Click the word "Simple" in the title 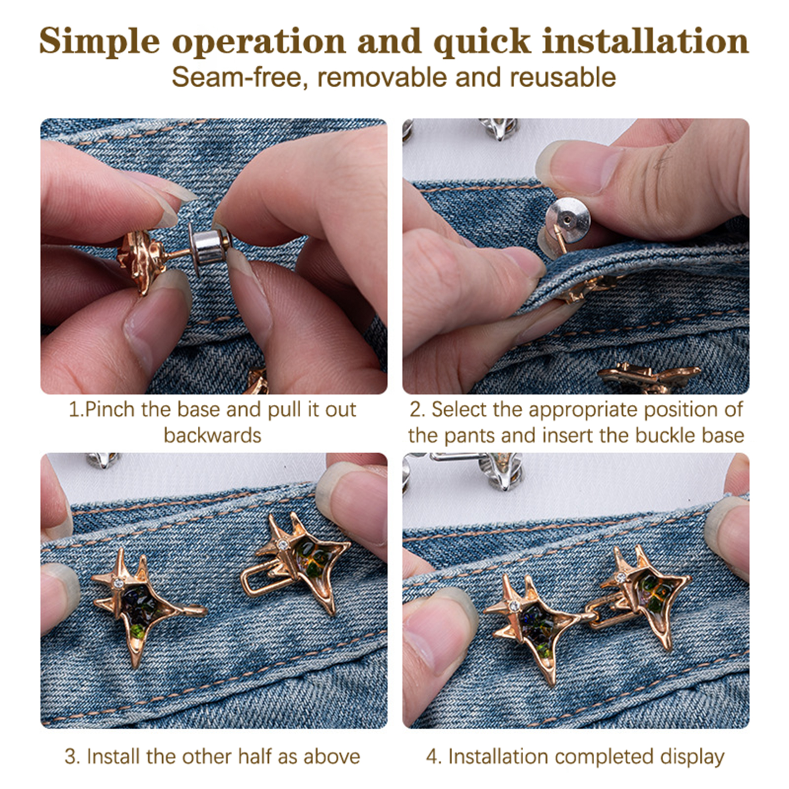point(99,41)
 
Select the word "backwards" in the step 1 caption point(213,435)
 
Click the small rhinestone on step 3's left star point(118,583)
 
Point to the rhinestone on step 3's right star point(283,545)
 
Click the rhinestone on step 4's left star point(514,605)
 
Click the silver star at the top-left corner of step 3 point(103,460)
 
